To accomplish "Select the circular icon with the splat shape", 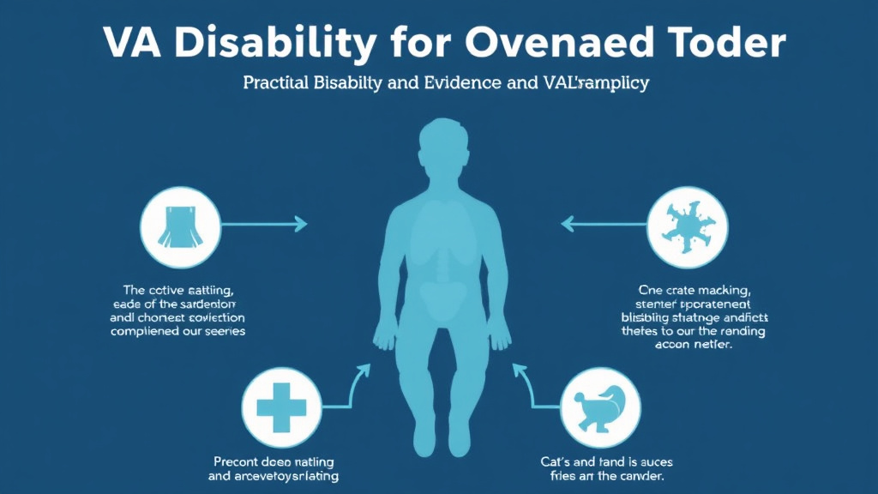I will click(685, 225).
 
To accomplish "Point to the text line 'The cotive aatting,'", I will click(177, 290).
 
